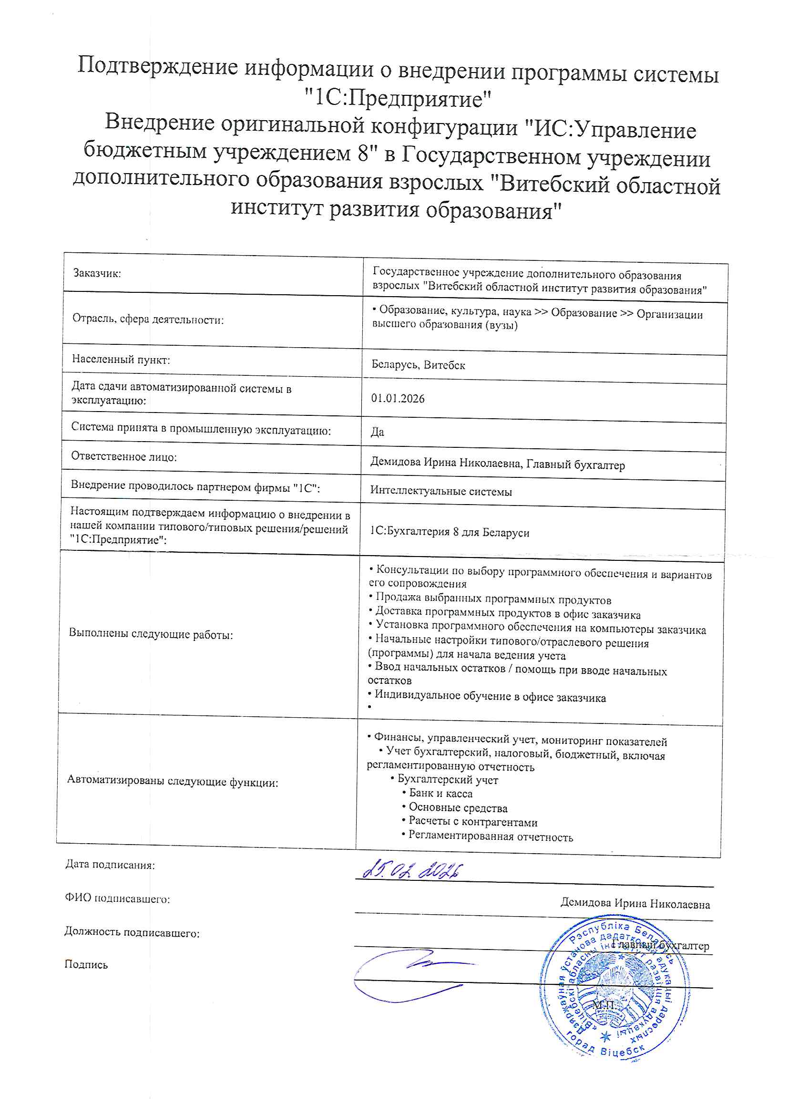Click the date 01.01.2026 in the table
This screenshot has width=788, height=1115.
(398, 399)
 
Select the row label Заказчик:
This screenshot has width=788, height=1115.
(97, 273)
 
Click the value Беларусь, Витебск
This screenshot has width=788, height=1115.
(418, 365)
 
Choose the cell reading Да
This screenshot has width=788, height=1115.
(377, 432)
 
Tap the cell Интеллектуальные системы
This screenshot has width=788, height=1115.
(440, 492)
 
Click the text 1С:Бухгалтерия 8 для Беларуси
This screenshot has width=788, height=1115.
(449, 532)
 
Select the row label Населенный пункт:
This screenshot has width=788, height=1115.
(121, 360)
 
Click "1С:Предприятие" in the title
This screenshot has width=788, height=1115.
(398, 99)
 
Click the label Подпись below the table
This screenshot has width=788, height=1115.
(86, 964)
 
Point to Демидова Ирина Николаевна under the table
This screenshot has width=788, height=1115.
(634, 904)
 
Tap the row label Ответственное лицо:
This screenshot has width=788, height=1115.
(124, 456)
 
